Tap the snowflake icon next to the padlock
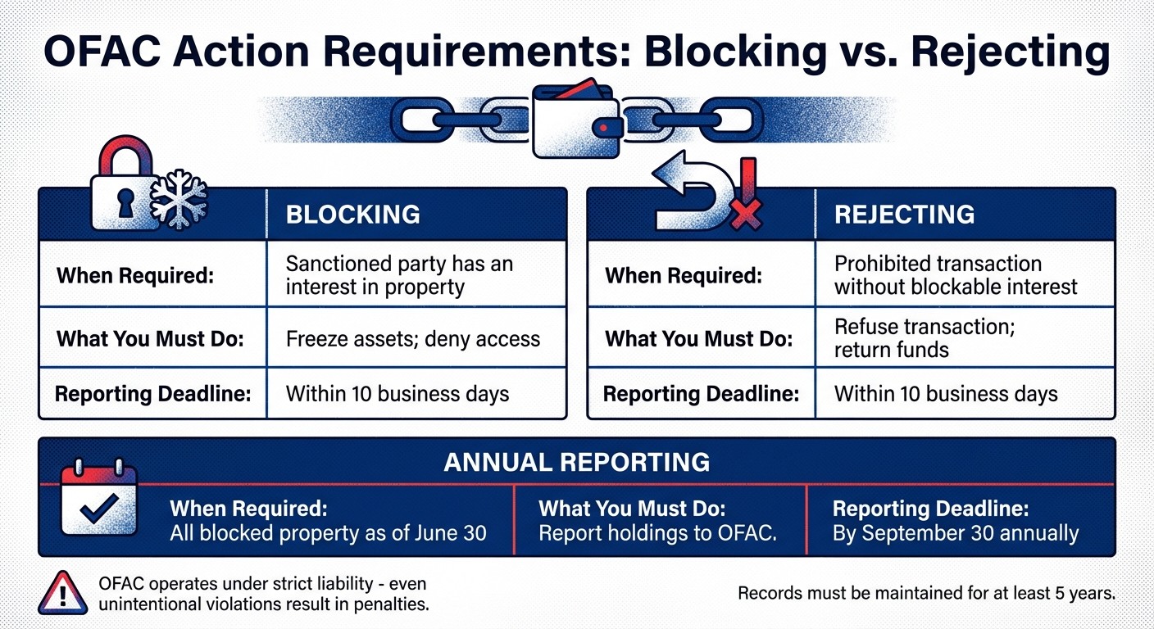[180, 200]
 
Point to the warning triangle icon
[62, 591]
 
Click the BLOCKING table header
[352, 215]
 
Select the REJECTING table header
[904, 215]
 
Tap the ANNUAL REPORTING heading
[576, 462]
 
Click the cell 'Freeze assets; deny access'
[412, 338]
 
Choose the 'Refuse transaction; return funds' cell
[924, 338]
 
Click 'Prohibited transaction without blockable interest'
[955, 275]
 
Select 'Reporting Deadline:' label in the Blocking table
[152, 394]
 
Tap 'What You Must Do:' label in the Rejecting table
[698, 338]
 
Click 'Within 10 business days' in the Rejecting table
[945, 394]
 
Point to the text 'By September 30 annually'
[955, 534]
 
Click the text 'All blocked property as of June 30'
[328, 534]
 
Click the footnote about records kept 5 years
[926, 593]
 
